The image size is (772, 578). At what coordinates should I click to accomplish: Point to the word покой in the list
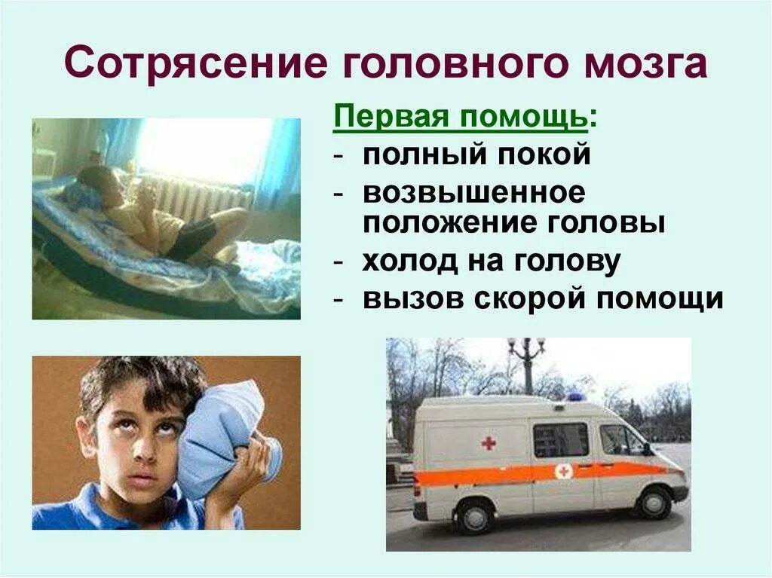(549, 155)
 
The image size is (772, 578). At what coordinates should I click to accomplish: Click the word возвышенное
(473, 193)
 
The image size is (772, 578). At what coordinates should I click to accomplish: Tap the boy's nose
(142, 456)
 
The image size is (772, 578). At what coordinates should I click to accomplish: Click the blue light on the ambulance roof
(575, 396)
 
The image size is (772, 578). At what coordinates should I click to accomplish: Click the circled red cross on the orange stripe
(562, 471)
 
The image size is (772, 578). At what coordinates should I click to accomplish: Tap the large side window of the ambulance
(560, 440)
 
